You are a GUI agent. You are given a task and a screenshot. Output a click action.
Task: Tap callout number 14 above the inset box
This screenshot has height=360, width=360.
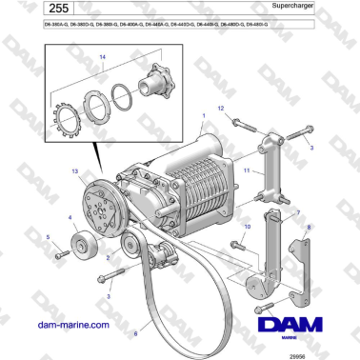[x=102, y=57]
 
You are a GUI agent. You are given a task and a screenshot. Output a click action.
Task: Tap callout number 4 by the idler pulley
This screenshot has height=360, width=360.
[x=70, y=218]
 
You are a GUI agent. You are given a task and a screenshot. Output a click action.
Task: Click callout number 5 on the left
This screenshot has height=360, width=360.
[x=50, y=235]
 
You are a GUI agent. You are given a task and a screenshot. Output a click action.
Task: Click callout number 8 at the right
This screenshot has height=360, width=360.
[x=307, y=228]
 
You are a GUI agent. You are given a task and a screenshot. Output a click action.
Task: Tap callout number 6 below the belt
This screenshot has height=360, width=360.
[x=135, y=333]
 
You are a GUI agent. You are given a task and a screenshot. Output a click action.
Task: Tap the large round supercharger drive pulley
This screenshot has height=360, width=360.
[x=100, y=206]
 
